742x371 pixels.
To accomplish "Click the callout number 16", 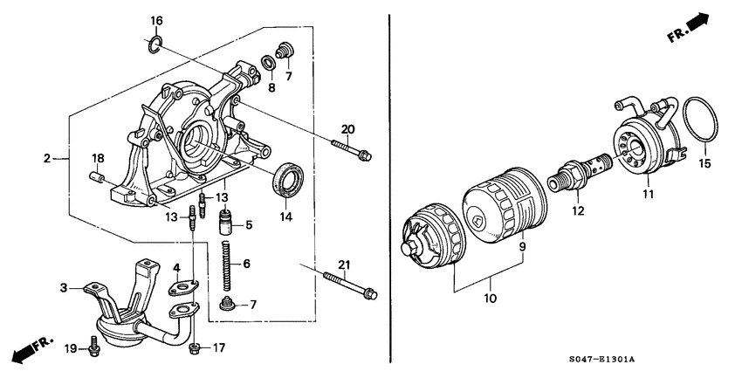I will pyautogui.click(x=156, y=20).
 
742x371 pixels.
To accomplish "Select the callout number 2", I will pyautogui.click(x=48, y=159).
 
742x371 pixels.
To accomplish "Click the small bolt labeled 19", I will pyautogui.click(x=94, y=349).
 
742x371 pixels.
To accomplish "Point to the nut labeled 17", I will pyautogui.click(x=196, y=348).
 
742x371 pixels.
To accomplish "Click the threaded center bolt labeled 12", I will pyautogui.click(x=578, y=174).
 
